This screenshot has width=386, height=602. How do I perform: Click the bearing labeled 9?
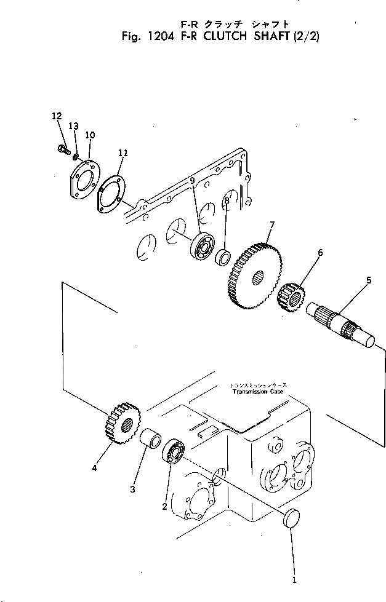click(x=201, y=246)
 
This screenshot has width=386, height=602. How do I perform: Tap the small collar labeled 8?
click(x=223, y=255)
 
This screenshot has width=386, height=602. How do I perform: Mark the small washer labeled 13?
click(x=75, y=156)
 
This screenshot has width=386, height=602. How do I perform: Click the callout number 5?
click(x=368, y=280)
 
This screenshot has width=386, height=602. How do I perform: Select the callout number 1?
click(x=294, y=579)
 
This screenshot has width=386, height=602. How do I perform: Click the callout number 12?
click(x=57, y=116)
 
